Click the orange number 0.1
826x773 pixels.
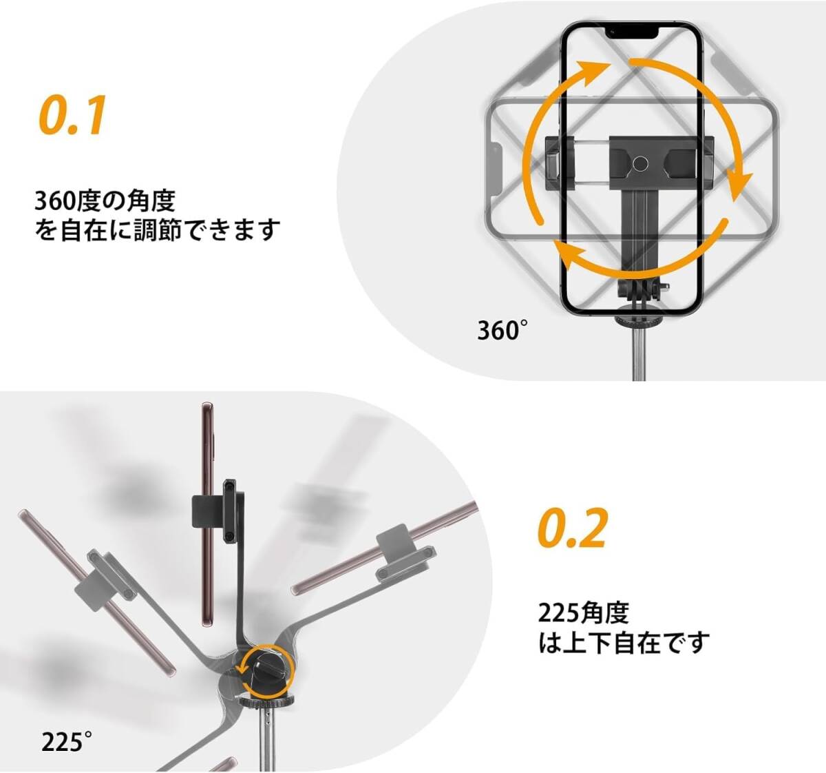coord(72,114)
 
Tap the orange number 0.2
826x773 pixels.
coord(571,527)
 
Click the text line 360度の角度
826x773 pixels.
coord(105,200)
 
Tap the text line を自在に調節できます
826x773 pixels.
coord(157,230)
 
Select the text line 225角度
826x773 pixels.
coord(583,612)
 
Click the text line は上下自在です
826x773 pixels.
coord(624,642)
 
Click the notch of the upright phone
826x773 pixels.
coord(632,33)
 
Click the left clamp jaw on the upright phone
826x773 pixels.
coord(560,161)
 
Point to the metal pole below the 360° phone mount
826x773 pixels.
coord(639,355)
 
